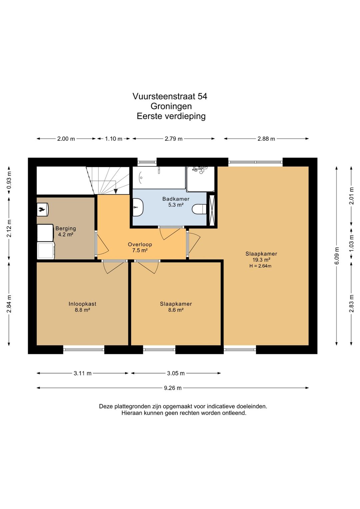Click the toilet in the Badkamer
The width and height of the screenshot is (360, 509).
coord(199,209)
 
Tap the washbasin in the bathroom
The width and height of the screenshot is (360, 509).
coord(138,207)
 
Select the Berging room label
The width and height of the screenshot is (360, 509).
coord(66,228)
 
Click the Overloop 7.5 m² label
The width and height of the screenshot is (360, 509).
coord(140,247)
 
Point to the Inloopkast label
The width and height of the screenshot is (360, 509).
coord(82,304)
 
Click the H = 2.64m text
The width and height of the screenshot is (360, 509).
coord(260,266)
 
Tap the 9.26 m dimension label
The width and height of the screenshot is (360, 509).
coord(173,388)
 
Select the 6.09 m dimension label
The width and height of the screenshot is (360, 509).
coord(337,256)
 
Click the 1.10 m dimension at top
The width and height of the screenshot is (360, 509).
coord(114,139)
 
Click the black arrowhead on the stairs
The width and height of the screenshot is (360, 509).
coord(116,191)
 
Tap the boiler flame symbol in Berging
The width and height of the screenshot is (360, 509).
coord(41,209)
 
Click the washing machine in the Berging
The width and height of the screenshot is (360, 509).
coord(46,250)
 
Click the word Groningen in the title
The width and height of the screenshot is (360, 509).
coord(171,106)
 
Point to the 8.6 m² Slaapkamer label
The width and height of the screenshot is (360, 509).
coord(176,307)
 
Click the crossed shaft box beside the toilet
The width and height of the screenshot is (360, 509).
coord(212,210)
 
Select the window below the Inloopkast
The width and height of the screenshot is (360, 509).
coord(84,350)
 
